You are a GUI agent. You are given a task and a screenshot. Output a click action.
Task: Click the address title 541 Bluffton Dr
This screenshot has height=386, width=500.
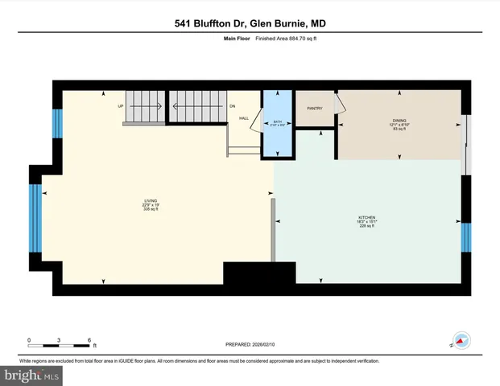coord(250,23)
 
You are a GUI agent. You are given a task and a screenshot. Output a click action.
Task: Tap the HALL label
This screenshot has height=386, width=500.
coord(243,118)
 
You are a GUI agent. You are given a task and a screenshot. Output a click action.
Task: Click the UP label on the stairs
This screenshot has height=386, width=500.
coord(121,106)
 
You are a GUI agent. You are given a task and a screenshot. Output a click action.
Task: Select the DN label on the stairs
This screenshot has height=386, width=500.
coord(231,106)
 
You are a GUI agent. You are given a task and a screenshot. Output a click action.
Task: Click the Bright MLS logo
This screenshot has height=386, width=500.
coord(31,376)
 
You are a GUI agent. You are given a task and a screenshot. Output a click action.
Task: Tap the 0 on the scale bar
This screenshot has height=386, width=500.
coord(29,339)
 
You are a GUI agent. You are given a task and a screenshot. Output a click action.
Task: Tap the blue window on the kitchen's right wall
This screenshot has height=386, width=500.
coord(466,237)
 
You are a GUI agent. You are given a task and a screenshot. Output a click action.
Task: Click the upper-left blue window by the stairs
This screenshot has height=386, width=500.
coord(57,123)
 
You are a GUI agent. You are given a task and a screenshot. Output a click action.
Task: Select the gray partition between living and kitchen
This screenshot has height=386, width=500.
coord(274,229)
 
